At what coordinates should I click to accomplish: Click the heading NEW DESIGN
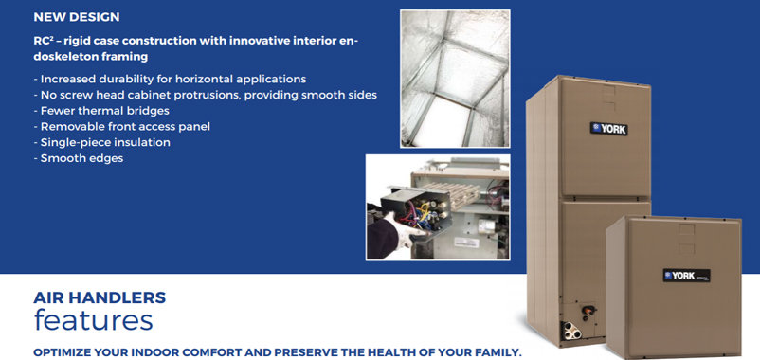click(77, 17)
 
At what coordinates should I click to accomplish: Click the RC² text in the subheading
click(40, 41)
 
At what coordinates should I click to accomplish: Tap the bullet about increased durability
click(171, 79)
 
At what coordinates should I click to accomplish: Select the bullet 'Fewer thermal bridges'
click(101, 111)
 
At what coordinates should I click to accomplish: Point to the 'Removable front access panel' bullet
click(122, 127)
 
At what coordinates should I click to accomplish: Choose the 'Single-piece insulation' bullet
click(101, 142)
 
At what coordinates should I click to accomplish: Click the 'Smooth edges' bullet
click(79, 158)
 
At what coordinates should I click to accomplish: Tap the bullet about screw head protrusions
click(205, 95)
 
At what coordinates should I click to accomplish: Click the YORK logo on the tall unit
click(608, 129)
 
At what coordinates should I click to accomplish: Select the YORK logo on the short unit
click(686, 276)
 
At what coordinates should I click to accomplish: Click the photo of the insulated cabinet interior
click(455, 79)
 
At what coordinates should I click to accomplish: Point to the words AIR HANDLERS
click(100, 297)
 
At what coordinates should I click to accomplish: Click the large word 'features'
click(93, 320)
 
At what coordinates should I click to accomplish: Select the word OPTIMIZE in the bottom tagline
click(60, 352)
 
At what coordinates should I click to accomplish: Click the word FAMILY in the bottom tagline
click(498, 352)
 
